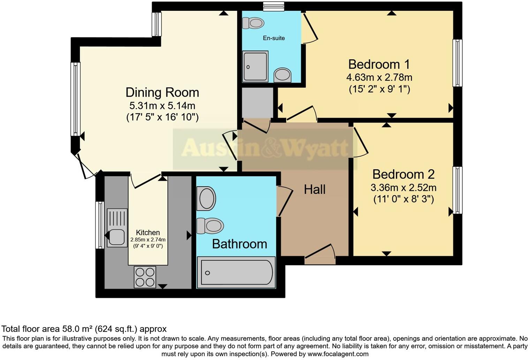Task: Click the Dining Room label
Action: [162, 92]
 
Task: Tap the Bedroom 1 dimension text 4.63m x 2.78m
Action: [379, 77]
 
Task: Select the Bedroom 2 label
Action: [403, 174]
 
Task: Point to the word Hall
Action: [315, 189]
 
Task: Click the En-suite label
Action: [274, 38]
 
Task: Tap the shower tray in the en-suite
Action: [255, 66]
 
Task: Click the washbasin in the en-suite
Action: [282, 75]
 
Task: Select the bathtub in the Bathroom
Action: [236, 272]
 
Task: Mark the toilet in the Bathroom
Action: [210, 226]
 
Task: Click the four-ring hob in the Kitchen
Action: [145, 277]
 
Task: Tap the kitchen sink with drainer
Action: [117, 227]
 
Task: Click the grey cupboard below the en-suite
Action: [257, 103]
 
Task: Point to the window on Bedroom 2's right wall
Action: [457, 190]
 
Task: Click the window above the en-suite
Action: [273, 6]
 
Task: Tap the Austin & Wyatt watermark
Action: [264, 148]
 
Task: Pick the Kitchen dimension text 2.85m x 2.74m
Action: [148, 240]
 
